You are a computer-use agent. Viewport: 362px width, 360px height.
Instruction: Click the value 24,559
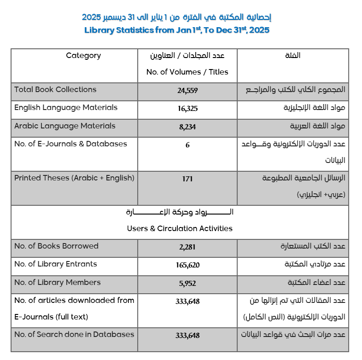coord(187,91)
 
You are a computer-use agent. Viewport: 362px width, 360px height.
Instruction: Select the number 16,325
coord(187,109)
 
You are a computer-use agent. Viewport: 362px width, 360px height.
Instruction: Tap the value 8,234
coord(187,127)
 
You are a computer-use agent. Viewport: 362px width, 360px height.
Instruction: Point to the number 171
coord(187,179)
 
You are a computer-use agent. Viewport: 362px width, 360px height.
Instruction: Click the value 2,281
coord(187,247)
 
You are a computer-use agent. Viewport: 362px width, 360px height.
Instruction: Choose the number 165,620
coord(187,265)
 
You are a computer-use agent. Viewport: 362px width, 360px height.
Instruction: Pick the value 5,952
coord(187,284)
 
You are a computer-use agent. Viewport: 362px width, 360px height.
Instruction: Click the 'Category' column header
coord(83,56)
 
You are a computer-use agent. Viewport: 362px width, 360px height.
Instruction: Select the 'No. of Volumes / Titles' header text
coord(187,72)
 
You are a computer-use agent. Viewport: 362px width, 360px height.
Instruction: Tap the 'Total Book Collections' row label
coord(55,90)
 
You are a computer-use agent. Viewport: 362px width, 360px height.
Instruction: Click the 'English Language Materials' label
coord(66,108)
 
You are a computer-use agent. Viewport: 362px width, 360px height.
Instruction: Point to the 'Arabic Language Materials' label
coord(65,126)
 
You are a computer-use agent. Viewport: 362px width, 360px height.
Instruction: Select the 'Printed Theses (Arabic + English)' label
coord(74,178)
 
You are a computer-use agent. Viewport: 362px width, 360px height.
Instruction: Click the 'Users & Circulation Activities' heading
coord(180,228)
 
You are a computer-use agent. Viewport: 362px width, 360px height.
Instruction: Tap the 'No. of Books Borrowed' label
coord(56,246)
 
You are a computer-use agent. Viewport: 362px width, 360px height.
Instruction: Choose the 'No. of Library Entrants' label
coord(56,264)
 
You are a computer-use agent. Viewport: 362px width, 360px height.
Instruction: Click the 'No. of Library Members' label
coord(57,282)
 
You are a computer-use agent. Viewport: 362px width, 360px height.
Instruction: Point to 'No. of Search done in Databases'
coord(74,334)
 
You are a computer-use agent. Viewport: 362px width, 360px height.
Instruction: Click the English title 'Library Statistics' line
coord(177,30)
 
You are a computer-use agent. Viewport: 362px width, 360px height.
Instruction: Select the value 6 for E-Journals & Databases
coord(187,145)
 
